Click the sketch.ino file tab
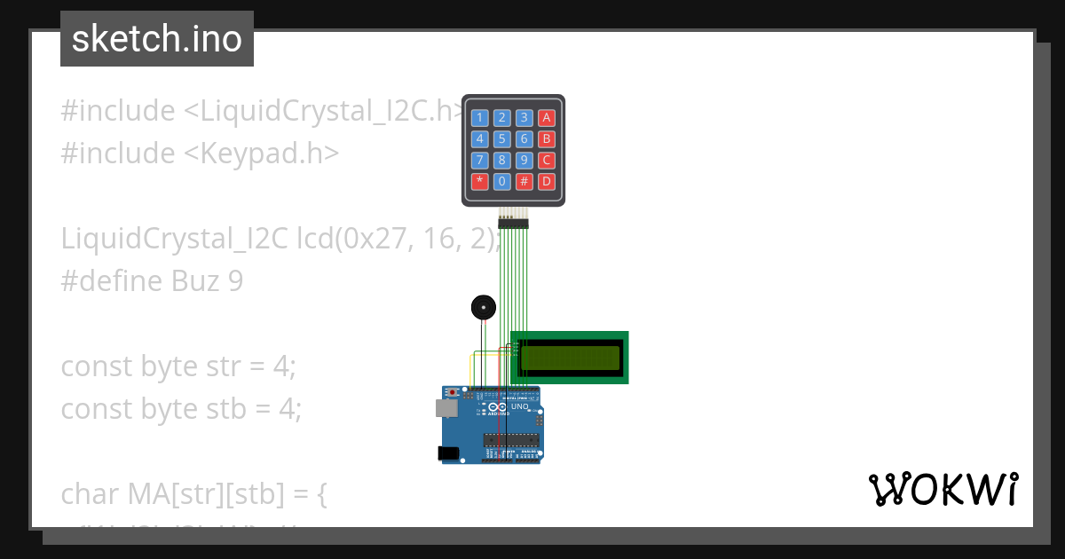(157, 39)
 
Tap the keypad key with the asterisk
(479, 182)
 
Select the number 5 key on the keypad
(502, 138)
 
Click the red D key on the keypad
(547, 182)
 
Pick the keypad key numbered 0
(502, 182)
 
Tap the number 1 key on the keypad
(479, 117)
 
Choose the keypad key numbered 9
(525, 161)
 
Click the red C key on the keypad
(547, 161)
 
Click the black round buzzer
(483, 308)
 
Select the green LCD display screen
(570, 358)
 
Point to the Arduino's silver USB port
(446, 407)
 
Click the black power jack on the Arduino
(449, 453)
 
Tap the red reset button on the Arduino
(454, 392)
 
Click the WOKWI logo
(943, 490)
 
